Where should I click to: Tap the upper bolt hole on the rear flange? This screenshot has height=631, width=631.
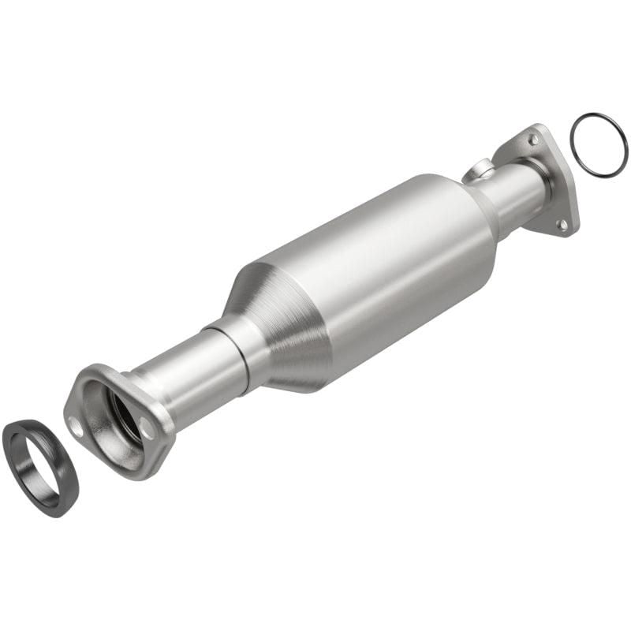(x=533, y=140)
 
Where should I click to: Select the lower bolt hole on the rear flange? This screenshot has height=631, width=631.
(x=562, y=225)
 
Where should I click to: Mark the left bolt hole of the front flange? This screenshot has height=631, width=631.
(x=77, y=427)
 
